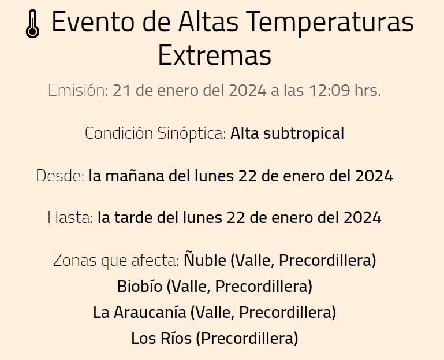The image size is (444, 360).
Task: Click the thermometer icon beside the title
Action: (33, 25)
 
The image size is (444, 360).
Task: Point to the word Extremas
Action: (214, 56)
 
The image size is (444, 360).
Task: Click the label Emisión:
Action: (78, 91)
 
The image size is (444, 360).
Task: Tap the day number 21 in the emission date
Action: (121, 91)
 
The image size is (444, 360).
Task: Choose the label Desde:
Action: (61, 176)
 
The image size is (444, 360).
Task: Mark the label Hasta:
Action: (70, 218)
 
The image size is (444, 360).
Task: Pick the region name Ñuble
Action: (205, 261)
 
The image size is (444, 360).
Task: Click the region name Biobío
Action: (139, 286)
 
